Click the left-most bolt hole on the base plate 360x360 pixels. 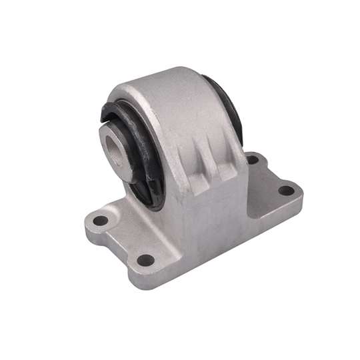pyautogui.click(x=100, y=220)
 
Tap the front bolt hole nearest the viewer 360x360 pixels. pyautogui.click(x=145, y=259)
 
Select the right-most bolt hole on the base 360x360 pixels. pyautogui.click(x=286, y=191)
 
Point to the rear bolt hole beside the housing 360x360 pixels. pyautogui.click(x=253, y=159)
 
